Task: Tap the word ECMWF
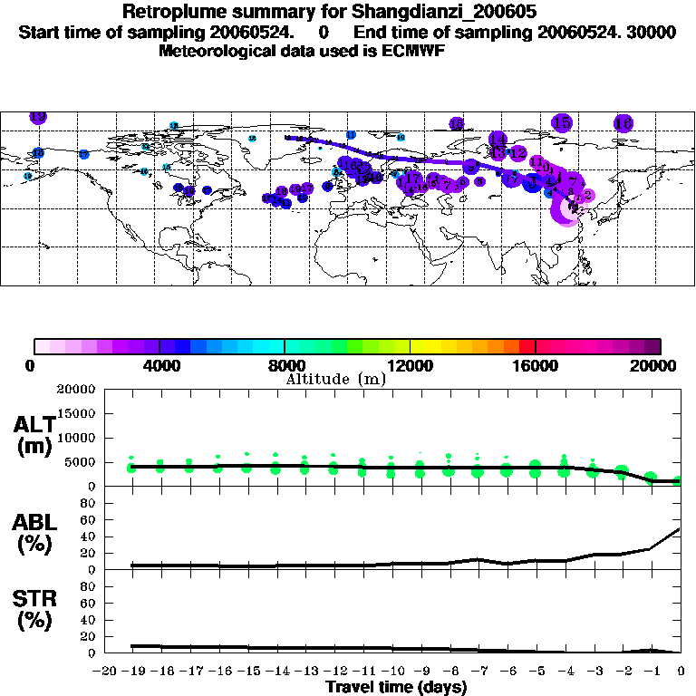pyautogui.click(x=415, y=51)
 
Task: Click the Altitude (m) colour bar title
pyautogui.click(x=335, y=379)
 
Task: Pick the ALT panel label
pyautogui.click(x=34, y=425)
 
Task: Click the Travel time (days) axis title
pyautogui.click(x=395, y=687)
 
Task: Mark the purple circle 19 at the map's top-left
pyautogui.click(x=38, y=117)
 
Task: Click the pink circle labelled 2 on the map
pyautogui.click(x=586, y=194)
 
